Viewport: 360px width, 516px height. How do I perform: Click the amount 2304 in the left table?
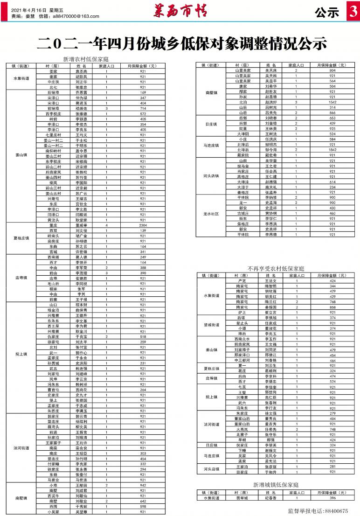143,225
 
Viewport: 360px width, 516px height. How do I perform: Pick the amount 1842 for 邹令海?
332,150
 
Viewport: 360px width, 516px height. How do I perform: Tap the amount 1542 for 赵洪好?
332,102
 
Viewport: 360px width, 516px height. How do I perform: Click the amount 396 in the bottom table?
332,498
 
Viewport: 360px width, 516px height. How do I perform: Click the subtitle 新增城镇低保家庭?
276,485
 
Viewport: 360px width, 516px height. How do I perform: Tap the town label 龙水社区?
211,213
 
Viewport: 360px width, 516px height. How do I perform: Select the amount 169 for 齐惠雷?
143,93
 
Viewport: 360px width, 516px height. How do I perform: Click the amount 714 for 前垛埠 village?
143,108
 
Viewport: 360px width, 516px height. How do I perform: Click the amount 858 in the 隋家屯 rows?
332,307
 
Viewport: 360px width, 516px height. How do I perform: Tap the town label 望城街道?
211,326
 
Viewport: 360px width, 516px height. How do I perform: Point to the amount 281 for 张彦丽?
332,466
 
